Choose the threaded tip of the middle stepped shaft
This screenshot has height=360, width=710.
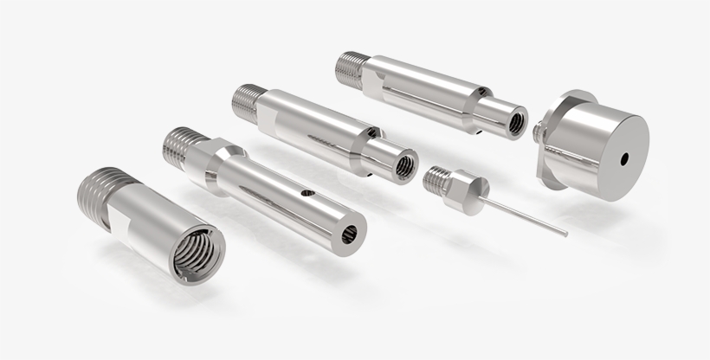coord(246,101)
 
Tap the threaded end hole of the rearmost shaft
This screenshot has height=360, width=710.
coord(515,123)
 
